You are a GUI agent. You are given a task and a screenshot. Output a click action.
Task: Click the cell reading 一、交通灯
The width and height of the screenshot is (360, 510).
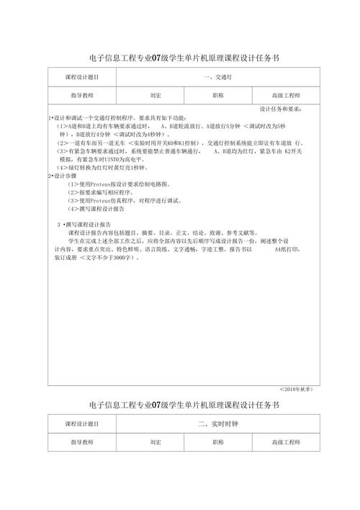click(x=217, y=77)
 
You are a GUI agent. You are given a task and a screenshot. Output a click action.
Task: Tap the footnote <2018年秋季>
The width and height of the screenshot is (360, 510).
click(x=295, y=389)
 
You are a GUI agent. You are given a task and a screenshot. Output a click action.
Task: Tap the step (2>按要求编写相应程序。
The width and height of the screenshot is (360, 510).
click(x=101, y=192)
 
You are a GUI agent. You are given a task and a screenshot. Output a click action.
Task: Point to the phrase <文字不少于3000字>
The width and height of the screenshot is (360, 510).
click(x=108, y=257)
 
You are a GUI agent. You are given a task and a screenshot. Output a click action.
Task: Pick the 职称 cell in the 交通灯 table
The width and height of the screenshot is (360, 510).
click(x=218, y=95)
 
